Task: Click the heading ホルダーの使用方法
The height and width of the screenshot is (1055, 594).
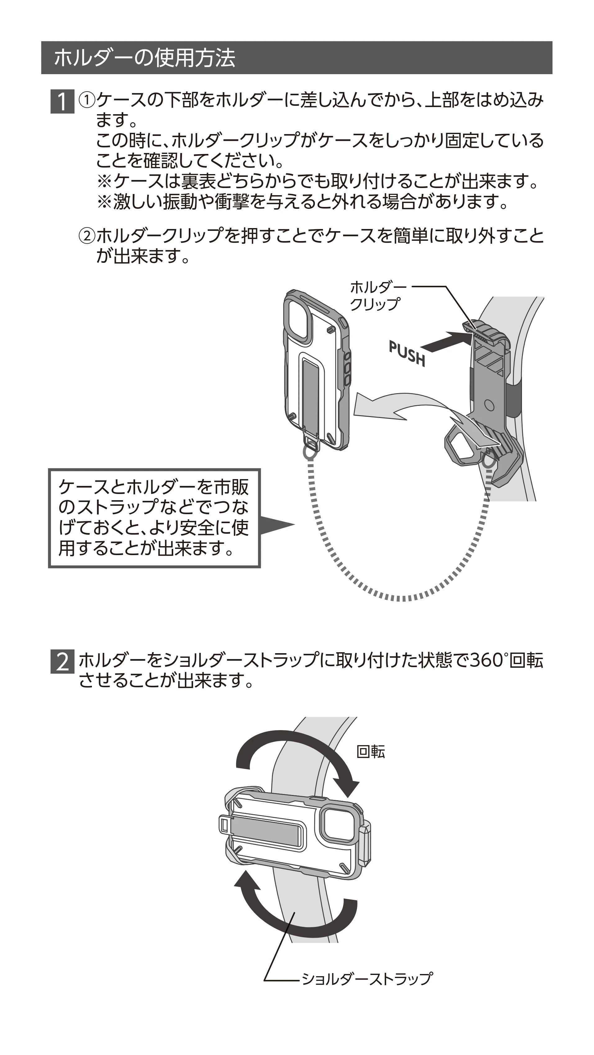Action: [x=144, y=58]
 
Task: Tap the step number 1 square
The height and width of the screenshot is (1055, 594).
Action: [x=62, y=101]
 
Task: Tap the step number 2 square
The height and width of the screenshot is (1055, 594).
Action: [x=62, y=662]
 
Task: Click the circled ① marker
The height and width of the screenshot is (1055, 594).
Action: [x=87, y=100]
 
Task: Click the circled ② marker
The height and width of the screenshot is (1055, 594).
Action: [x=87, y=236]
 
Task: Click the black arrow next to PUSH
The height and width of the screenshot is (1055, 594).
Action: [x=446, y=341]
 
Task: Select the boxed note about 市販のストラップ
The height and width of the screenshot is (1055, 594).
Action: [x=154, y=518]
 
